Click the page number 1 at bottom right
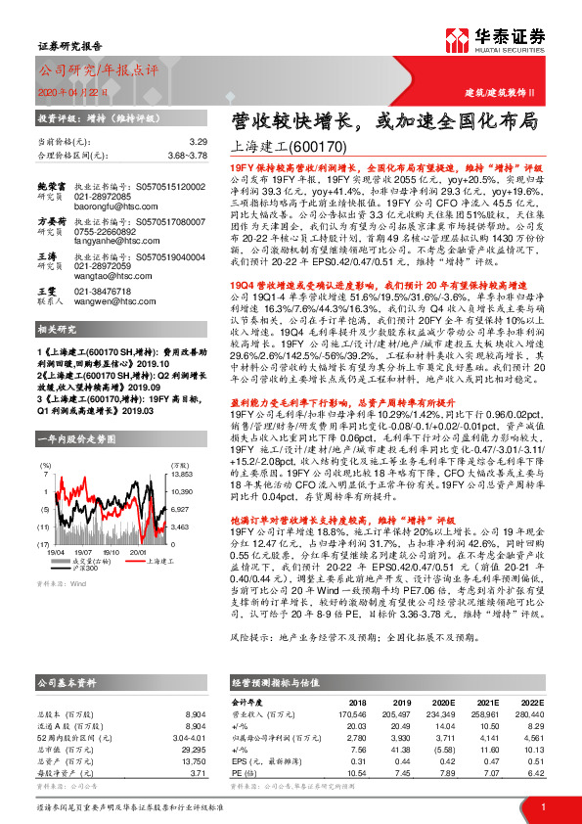542,806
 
